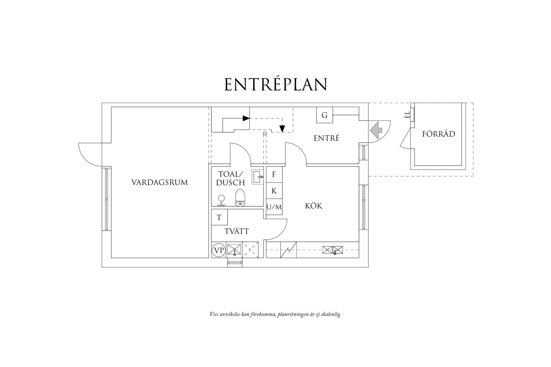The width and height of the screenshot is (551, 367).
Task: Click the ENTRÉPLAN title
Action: point(275,84)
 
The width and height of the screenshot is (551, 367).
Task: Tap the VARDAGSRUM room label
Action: point(159,182)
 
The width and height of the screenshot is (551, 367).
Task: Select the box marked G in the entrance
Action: point(324,115)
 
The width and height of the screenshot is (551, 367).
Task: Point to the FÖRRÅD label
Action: point(439,134)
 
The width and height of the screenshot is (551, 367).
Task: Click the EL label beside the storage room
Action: point(407,115)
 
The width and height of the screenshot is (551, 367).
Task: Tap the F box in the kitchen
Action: point(274,174)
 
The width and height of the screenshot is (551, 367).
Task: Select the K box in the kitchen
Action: point(274,191)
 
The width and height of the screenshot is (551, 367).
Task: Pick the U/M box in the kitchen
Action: point(274,207)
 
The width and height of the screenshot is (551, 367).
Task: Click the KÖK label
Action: point(314,206)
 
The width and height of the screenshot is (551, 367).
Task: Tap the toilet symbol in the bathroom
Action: point(240,198)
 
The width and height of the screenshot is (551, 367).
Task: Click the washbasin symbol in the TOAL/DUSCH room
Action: point(258,177)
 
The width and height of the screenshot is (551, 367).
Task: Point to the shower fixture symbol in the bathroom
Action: point(221,201)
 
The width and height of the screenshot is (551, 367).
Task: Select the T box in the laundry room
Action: point(219,217)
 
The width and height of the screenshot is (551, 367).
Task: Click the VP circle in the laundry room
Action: point(219,250)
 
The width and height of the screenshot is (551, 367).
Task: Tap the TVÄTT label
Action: point(236,231)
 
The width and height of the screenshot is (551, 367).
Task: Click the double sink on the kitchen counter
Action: point(333,250)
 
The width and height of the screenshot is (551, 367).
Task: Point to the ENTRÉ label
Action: point(327,138)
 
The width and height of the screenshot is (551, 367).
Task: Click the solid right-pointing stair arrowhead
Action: point(246,118)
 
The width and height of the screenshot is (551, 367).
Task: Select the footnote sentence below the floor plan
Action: point(275,315)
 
